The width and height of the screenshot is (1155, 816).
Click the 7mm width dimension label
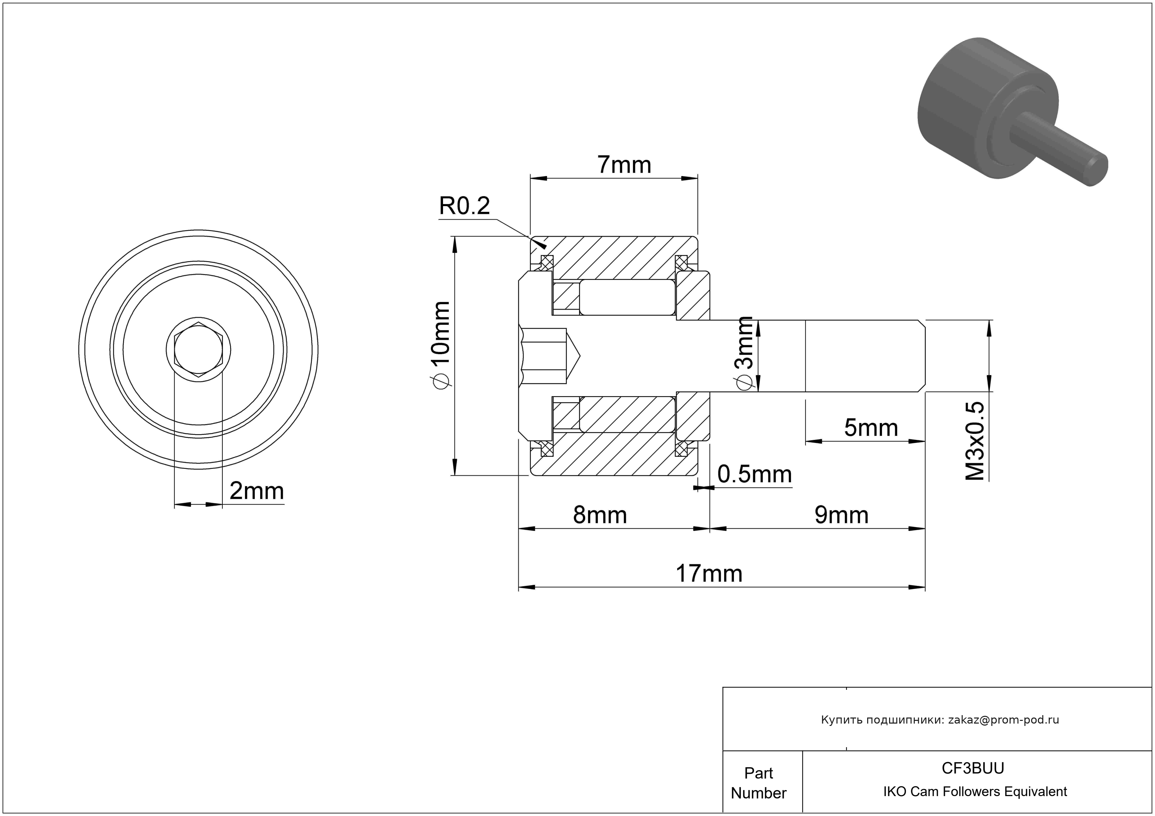(x=624, y=165)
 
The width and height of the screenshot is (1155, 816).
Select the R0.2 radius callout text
(x=464, y=206)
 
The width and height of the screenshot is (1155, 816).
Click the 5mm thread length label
(x=871, y=428)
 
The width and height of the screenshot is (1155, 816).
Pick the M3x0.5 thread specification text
(x=974, y=441)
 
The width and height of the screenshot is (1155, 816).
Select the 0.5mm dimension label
(x=754, y=474)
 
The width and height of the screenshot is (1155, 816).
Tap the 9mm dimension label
(x=841, y=515)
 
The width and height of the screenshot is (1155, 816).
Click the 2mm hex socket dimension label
(x=256, y=491)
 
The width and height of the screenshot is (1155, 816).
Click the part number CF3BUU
(x=972, y=768)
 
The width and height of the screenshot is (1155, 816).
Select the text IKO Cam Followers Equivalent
(x=974, y=791)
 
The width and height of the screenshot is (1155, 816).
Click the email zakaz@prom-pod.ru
(x=1003, y=720)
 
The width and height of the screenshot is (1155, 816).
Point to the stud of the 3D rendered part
(x=1056, y=146)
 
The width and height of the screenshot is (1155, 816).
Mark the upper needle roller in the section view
(x=627, y=297)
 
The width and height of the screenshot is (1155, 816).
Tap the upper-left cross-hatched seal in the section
(x=546, y=262)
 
